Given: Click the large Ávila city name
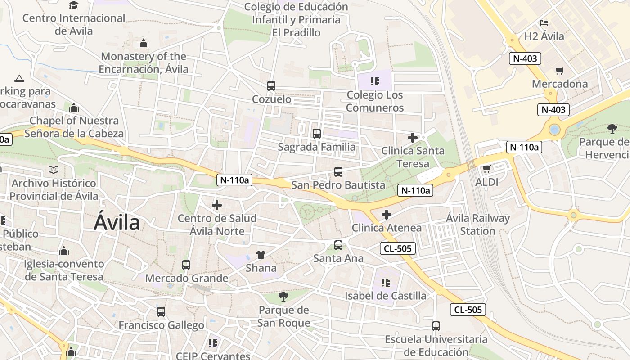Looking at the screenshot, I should [117, 223].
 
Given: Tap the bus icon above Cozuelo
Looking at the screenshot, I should [271, 85].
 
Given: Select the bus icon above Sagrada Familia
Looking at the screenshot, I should [317, 133].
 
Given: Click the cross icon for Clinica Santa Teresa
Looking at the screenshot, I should [412, 138].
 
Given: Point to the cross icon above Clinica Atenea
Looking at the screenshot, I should [386, 215].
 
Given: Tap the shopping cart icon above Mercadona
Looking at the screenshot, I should [559, 71].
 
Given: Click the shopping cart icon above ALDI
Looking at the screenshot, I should [486, 169].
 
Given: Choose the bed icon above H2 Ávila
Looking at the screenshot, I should [544, 23].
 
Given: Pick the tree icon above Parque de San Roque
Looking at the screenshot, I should [283, 296].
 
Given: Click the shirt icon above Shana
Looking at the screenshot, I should [261, 255].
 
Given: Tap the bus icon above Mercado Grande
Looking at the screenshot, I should [186, 265].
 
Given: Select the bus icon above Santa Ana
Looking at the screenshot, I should [338, 245].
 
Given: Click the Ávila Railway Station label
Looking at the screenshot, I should [477, 225].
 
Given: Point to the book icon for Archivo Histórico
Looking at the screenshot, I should [54, 170].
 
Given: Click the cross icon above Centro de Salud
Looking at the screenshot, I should [217, 205].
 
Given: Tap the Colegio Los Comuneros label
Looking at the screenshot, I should [375, 101].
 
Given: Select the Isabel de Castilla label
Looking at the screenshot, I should [386, 296].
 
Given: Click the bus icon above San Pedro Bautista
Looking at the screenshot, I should [338, 171].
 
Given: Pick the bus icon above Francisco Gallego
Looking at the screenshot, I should [161, 311].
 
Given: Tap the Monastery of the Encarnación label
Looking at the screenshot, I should [144, 63].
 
